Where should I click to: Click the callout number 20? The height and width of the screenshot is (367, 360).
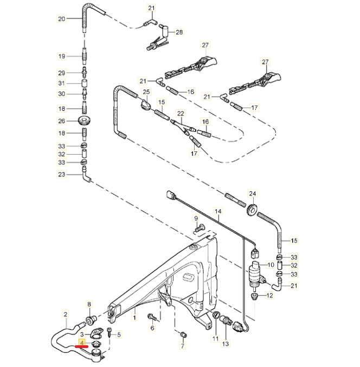(62, 18)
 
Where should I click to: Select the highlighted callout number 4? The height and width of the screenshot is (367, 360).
(82, 343)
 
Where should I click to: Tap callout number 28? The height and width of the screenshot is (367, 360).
(179, 32)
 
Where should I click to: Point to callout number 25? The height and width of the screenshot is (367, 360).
(146, 92)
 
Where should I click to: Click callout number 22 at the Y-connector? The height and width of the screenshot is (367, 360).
(181, 113)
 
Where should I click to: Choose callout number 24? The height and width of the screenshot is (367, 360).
(253, 194)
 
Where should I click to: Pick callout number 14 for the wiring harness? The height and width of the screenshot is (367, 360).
(218, 211)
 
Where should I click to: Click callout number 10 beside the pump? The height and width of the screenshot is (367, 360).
(271, 265)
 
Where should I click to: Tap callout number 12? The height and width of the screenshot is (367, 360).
(269, 295)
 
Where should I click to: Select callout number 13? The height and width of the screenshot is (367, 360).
(226, 344)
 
